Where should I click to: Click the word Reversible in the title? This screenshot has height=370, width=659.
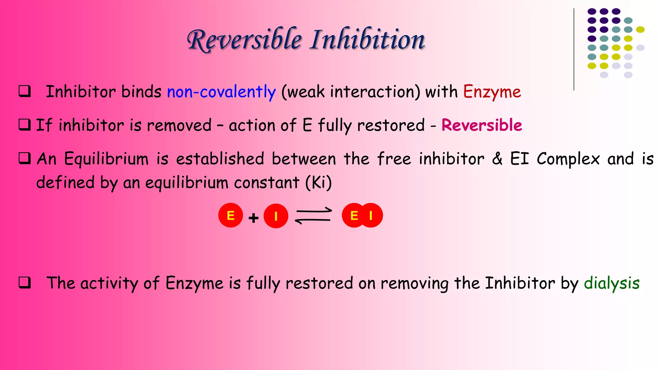[x=245, y=40]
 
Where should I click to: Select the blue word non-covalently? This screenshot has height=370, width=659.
[x=221, y=92]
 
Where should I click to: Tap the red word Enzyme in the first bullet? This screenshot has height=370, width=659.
[x=492, y=92]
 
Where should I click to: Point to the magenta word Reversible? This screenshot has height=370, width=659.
[x=481, y=125]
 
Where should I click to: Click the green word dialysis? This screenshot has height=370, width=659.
[x=611, y=283]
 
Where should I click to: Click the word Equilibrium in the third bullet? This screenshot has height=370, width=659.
[x=106, y=159]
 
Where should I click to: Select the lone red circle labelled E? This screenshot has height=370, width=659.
[x=230, y=215]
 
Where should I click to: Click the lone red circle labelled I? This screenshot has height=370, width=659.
[x=276, y=216]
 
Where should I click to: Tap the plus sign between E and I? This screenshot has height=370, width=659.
[x=254, y=218]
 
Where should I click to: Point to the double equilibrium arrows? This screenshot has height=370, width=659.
[x=313, y=216]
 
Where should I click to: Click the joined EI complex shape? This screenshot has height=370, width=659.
[x=362, y=215]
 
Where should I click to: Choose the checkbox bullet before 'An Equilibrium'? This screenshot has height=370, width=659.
[x=25, y=158]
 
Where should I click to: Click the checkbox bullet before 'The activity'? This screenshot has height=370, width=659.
[x=25, y=283]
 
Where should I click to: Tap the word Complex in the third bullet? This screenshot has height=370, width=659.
[x=568, y=159]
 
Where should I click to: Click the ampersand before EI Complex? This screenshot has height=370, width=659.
[x=497, y=159]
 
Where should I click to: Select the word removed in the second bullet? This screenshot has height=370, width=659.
[x=179, y=125]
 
